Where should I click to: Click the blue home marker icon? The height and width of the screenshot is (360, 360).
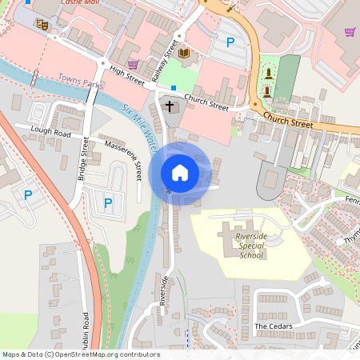[x=179, y=173]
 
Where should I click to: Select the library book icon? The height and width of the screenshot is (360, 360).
[x=185, y=54]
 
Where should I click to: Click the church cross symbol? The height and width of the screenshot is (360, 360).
[x=169, y=105]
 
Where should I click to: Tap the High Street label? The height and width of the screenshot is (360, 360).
[x=127, y=75]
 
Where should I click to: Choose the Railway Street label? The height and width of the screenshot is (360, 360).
[x=162, y=58]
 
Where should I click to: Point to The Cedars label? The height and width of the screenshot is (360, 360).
[x=273, y=326]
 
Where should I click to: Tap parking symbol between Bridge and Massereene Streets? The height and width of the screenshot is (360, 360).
[x=107, y=202]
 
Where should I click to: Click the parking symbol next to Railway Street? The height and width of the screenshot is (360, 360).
[x=230, y=43]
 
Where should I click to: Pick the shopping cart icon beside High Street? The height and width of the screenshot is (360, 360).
[x=133, y=64]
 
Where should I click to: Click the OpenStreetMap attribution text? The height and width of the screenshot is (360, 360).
[x=81, y=354]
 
